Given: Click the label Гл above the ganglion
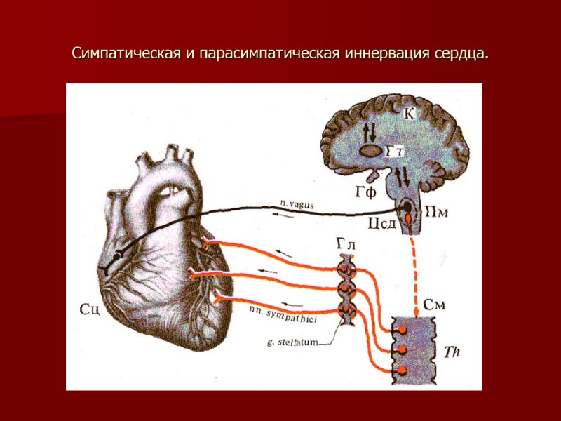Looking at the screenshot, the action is [x=345, y=243].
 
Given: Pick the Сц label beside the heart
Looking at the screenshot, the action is [x=90, y=309].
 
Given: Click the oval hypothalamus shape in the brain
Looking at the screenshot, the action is [x=370, y=150].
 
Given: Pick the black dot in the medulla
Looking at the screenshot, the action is [x=405, y=209].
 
